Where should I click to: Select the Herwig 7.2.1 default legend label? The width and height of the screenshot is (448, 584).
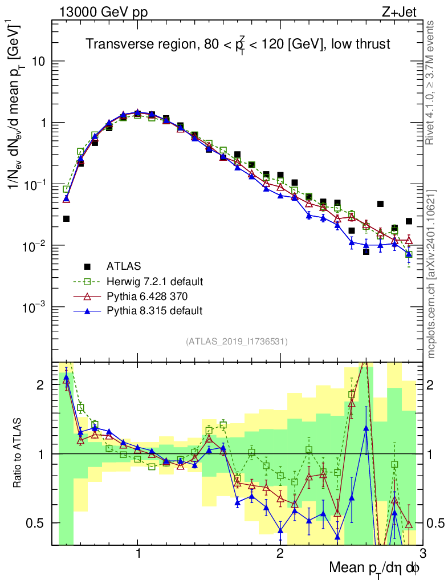coord(154,281)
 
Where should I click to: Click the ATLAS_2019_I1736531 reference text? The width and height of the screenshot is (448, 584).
coord(237,342)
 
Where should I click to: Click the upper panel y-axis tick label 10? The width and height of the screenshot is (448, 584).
coord(38,62)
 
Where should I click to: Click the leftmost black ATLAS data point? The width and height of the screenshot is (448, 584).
coord(66,218)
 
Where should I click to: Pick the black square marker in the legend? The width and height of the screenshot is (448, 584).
coord(87,266)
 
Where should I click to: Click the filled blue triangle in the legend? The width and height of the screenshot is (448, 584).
coord(87,311)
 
